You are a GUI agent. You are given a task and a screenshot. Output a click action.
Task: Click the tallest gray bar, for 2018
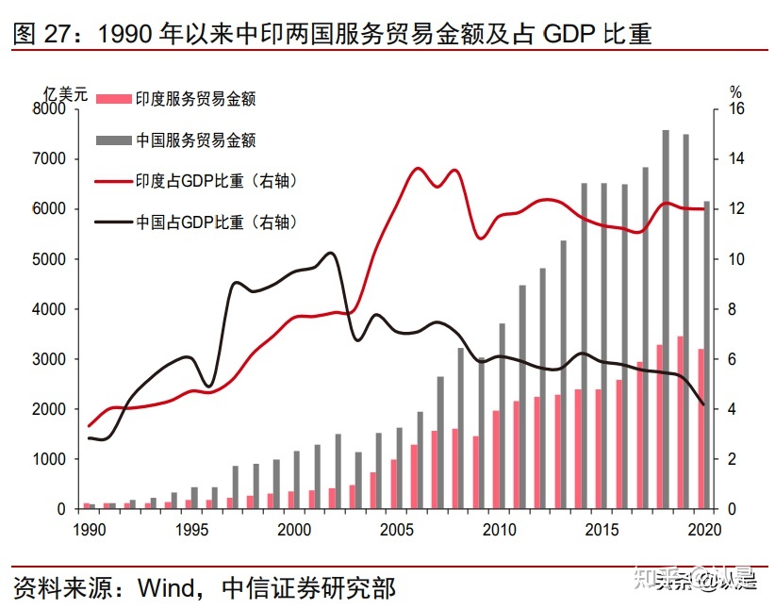pyautogui.click(x=666, y=321)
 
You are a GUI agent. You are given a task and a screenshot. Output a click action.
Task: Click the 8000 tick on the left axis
pyautogui.click(x=48, y=109)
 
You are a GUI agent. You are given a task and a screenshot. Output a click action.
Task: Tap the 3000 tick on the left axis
pyautogui.click(x=48, y=359)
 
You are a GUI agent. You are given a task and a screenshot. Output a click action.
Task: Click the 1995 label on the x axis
pyautogui.click(x=191, y=528)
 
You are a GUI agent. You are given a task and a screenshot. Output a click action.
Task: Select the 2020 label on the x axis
pyautogui.click(x=704, y=528)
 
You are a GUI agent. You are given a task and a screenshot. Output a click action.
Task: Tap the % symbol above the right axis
pyautogui.click(x=736, y=92)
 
